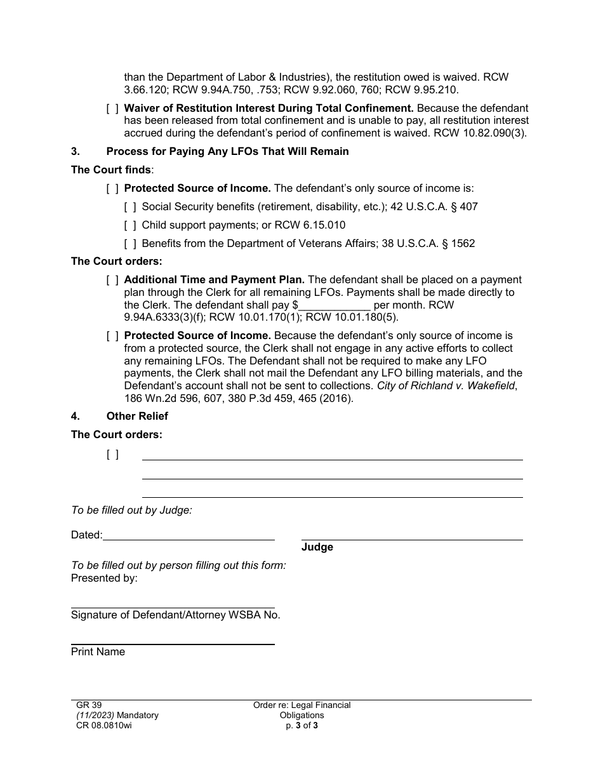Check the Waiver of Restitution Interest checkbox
(112, 109)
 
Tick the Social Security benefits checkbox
(130, 206)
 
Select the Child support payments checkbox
(130, 225)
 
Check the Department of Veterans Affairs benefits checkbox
(130, 243)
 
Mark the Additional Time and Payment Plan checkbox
(112, 280)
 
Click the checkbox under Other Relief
(112, 454)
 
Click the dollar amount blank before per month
(334, 305)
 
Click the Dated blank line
(189, 535)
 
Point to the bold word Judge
(317, 547)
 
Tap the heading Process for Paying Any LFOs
(227, 152)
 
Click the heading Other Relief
(137, 417)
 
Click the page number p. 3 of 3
(301, 725)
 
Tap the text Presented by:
(104, 578)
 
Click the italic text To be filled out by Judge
(131, 510)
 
